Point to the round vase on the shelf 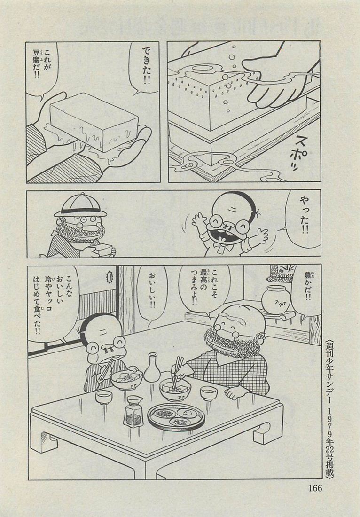(x=276, y=299)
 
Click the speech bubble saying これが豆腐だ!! (x=42, y=69)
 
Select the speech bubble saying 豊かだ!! (x=306, y=289)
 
